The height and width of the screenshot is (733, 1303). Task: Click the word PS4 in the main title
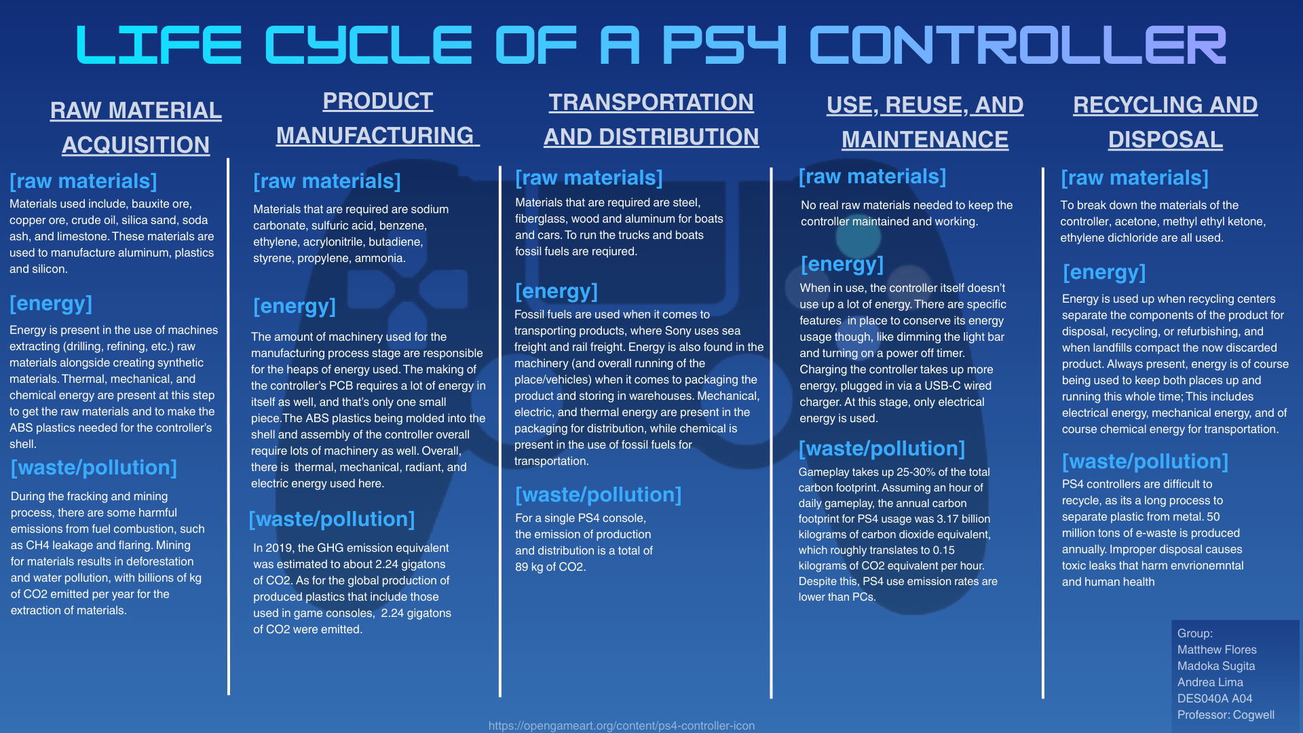tap(723, 46)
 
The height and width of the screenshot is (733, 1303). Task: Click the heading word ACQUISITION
tap(136, 145)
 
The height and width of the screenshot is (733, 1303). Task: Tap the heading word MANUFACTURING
tap(375, 135)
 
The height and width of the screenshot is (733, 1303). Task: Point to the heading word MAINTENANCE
tap(924, 139)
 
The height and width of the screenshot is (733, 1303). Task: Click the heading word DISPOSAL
tap(1165, 139)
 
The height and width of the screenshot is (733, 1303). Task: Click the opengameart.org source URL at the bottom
tap(621, 726)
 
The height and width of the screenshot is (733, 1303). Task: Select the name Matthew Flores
tap(1217, 650)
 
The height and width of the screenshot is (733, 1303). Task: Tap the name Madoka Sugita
tap(1215, 666)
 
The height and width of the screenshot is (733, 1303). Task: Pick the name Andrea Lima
tap(1210, 682)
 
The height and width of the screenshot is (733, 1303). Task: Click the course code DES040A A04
tap(1214, 698)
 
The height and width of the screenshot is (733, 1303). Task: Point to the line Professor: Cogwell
tap(1225, 715)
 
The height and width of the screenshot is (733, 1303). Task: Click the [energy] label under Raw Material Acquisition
tap(51, 303)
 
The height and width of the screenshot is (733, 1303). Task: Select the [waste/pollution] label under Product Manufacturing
tap(332, 519)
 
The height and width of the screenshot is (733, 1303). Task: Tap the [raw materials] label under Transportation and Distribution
tap(588, 178)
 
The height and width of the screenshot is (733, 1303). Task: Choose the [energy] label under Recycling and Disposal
tap(1104, 272)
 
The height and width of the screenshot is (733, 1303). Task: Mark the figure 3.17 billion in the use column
tap(964, 519)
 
